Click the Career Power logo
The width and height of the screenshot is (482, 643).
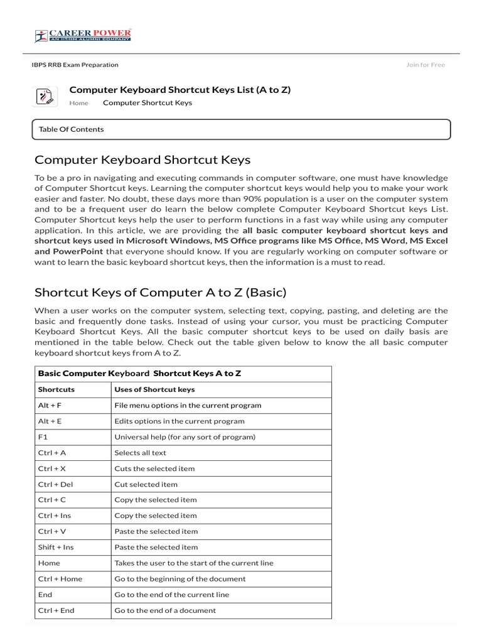coord(83,35)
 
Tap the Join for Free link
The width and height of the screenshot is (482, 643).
coord(425,65)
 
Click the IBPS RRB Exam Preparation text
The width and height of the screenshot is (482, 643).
coord(75,65)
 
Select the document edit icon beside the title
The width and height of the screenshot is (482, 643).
coord(45,97)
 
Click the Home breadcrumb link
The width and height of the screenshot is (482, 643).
coord(78,103)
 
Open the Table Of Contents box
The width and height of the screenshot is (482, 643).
coord(241,129)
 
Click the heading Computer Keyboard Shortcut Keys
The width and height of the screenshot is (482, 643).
coord(142,159)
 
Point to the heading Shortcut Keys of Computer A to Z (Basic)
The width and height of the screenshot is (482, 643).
coord(160,293)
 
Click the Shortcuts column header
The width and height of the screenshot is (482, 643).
coord(56,389)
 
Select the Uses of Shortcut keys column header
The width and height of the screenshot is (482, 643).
coord(154,389)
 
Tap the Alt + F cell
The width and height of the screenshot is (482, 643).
coord(50,406)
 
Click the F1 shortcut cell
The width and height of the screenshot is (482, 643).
coord(43,437)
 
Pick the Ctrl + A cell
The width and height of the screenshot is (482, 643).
coord(51,453)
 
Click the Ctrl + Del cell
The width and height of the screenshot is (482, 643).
coord(55,484)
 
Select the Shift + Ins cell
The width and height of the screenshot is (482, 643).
coord(55,547)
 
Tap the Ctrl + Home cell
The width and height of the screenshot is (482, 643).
coord(60,579)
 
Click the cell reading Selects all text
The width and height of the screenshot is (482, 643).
coord(140,453)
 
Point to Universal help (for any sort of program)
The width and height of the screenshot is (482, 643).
coord(185,437)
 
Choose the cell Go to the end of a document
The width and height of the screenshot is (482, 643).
coord(164,610)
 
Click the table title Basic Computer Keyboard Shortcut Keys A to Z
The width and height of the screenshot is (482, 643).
coord(139,373)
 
